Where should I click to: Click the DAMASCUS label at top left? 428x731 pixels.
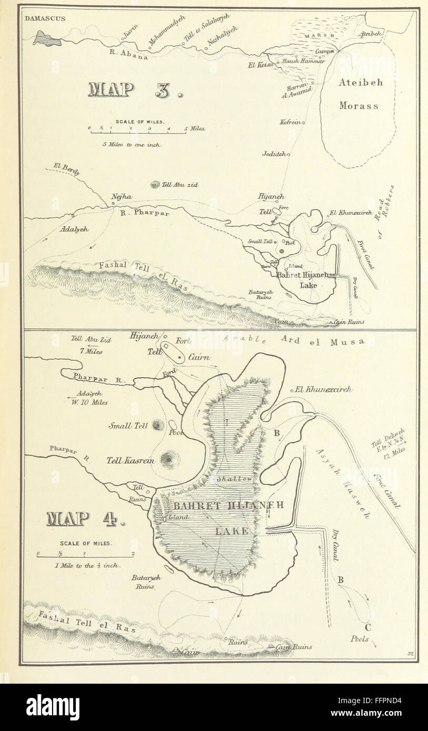[x=45, y=18]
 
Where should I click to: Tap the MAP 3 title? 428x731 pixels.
[x=136, y=90]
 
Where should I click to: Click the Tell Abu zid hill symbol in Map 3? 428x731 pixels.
[x=155, y=185]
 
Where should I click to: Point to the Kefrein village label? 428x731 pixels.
[x=290, y=122]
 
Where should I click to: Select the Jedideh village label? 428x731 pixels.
[x=273, y=154]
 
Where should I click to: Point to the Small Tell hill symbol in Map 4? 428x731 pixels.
[x=156, y=425]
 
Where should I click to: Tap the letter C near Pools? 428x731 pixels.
[x=367, y=627]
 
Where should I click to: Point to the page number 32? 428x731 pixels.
[x=410, y=654]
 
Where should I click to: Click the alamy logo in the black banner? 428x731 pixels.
[x=53, y=707]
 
